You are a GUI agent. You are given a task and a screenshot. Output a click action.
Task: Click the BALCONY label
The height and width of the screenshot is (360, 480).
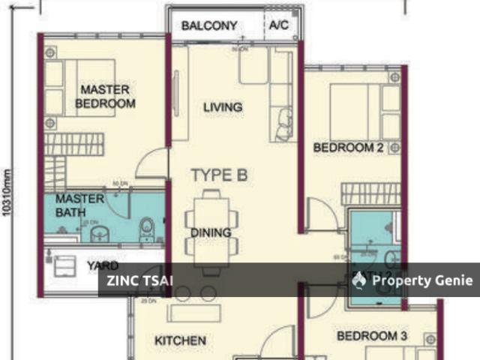tap(209, 25)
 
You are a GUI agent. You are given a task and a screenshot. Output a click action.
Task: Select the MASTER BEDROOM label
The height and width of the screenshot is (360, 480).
tap(106, 97)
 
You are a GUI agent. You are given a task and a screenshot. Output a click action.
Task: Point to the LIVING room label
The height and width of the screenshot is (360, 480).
tap(223, 107)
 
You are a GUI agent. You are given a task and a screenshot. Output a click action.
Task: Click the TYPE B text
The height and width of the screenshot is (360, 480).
tap(219, 175)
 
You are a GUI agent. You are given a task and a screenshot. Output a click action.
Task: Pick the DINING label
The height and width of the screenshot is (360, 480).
tap(211, 232)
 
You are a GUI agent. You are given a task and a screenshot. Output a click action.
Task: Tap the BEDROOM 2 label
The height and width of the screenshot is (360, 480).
tap(348, 148)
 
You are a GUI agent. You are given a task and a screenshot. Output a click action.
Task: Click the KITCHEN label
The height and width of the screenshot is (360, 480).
tap(180, 340)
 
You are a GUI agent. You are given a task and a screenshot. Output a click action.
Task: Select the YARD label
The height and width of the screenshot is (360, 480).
tap(102, 265)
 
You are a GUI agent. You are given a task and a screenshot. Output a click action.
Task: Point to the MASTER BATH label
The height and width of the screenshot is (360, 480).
tap(79, 206)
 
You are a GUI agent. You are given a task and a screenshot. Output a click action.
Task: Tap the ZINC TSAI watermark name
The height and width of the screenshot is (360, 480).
tap(136, 280)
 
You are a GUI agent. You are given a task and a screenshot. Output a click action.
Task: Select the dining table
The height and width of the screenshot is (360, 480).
tap(211, 231)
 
